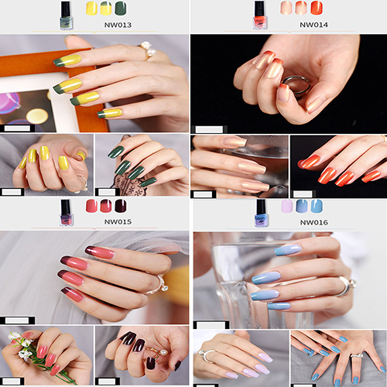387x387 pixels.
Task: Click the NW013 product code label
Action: pyautogui.click(x=118, y=25)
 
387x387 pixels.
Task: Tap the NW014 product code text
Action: pyautogui.click(x=313, y=25)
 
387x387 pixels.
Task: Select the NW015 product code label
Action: pyautogui.click(x=118, y=221)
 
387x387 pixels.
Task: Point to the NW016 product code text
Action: pyautogui.click(x=314, y=222)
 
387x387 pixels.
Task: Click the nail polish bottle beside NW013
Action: pyautogui.click(x=67, y=15)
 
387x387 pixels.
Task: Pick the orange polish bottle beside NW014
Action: pyautogui.click(x=260, y=15)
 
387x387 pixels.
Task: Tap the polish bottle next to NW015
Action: pyautogui.click(x=66, y=213)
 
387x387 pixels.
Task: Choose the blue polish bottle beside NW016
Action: pyautogui.click(x=261, y=213)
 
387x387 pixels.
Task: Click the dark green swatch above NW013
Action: pyautogui.click(x=121, y=9)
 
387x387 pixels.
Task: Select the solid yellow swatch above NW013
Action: pyautogui.click(x=91, y=9)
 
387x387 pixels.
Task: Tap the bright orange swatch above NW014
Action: pyautogui.click(x=317, y=8)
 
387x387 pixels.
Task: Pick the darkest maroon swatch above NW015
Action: pyautogui.click(x=121, y=206)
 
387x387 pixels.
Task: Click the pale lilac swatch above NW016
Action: pyautogui.click(x=287, y=206)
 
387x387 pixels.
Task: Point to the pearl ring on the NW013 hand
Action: pyautogui.click(x=149, y=50)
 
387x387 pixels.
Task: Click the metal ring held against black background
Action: pyautogui.click(x=296, y=85)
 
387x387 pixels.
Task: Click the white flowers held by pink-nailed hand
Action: pyautogui.click(x=22, y=346)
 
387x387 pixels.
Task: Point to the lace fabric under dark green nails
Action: pyautogui.click(x=128, y=184)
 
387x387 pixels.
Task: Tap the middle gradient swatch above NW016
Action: pyautogui.click(x=302, y=206)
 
